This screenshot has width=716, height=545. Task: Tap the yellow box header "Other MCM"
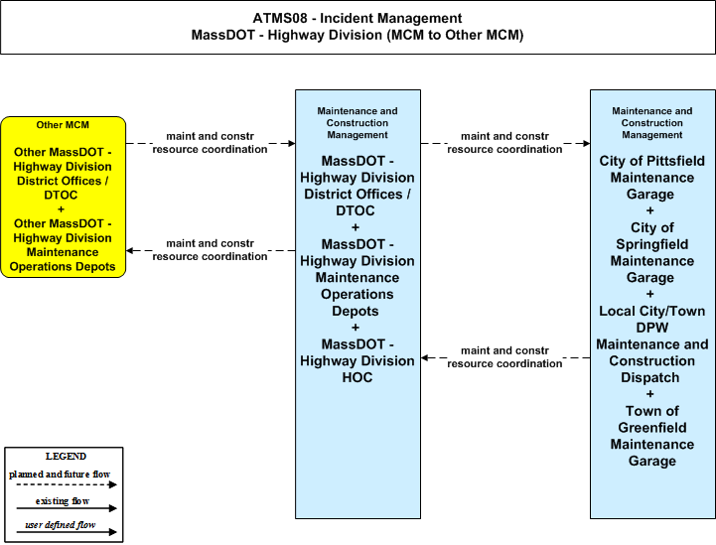[x=63, y=125]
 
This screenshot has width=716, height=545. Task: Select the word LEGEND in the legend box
[x=66, y=456]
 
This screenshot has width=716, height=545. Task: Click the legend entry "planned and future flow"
[x=60, y=475]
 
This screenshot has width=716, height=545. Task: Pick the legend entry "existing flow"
[x=63, y=501]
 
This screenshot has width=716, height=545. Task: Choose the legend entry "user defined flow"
[x=61, y=525]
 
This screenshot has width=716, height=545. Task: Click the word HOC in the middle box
[x=358, y=377]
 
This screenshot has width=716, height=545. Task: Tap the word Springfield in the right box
[x=652, y=244]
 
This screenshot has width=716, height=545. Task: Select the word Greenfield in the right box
[x=652, y=428]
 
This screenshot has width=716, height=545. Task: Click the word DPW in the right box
[x=652, y=328]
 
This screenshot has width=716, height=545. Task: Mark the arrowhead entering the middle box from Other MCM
[x=291, y=143]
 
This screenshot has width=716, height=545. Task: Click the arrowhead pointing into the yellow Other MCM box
[x=130, y=250]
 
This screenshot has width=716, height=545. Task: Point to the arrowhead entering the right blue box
[x=586, y=143]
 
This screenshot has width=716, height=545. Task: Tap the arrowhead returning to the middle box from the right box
[x=425, y=357]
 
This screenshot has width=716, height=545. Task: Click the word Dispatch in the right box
[x=649, y=377]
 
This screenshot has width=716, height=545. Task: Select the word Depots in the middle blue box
[x=356, y=311]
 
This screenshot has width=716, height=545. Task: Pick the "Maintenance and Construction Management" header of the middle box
[x=358, y=123]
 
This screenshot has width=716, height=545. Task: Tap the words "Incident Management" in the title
[x=391, y=18]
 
